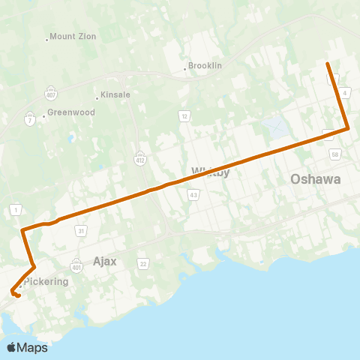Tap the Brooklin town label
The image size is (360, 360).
pyautogui.click(x=205, y=65)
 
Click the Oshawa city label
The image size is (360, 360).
pyautogui.click(x=316, y=179)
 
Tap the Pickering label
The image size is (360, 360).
pyautogui.click(x=46, y=282)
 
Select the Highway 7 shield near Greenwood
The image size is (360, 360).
pyautogui.click(x=29, y=120)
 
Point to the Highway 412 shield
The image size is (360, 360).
pyautogui.click(x=140, y=158)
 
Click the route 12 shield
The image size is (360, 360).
pyautogui.click(x=183, y=115)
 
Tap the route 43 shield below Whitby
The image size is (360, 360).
pyautogui.click(x=193, y=195)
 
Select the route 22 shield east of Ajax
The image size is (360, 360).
pyautogui.click(x=142, y=263)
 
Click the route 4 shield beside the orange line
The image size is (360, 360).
pyautogui.click(x=343, y=92)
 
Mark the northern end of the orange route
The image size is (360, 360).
pyautogui.click(x=327, y=64)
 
